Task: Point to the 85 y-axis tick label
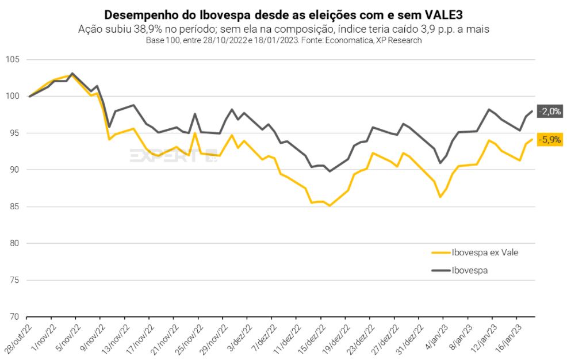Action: (x=14, y=206)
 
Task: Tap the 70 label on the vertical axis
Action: (x=14, y=317)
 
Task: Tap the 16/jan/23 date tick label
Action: (x=509, y=336)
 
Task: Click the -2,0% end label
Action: (x=549, y=112)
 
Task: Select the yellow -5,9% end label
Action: (x=549, y=139)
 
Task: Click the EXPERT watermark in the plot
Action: (x=173, y=155)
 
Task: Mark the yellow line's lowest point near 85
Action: (x=330, y=205)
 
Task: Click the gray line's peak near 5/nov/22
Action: (x=72, y=74)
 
